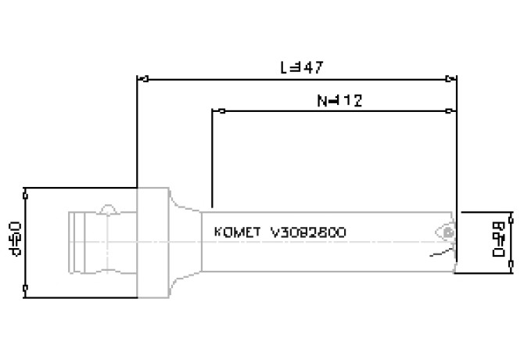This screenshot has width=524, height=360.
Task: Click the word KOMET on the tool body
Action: pyautogui.click(x=237, y=233)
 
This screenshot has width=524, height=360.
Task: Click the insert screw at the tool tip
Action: pyautogui.click(x=447, y=233)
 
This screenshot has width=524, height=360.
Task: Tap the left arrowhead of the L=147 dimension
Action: pyautogui.click(x=142, y=78)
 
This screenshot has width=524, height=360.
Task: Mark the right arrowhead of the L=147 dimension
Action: pyautogui.click(x=452, y=78)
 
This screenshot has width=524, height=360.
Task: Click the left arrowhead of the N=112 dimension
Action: pyautogui.click(x=217, y=111)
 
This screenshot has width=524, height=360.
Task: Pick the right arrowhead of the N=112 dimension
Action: pyautogui.click(x=452, y=111)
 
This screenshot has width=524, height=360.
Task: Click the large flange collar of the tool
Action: pyautogui.click(x=153, y=243)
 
